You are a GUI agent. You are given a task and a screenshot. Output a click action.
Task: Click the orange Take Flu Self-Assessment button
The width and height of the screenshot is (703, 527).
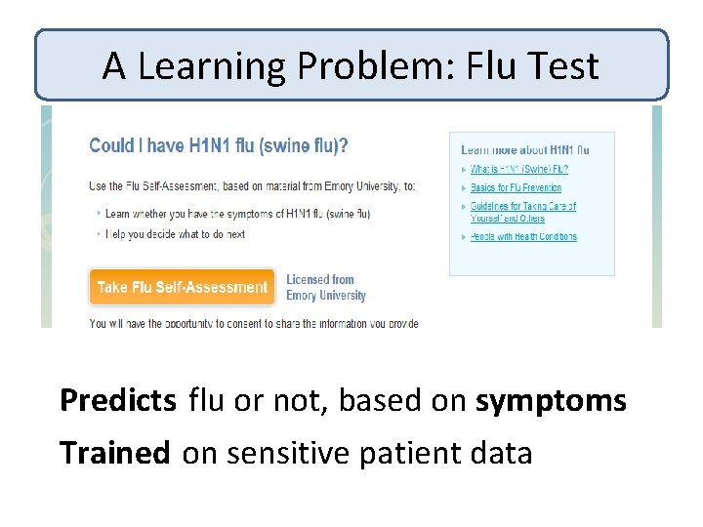tap(182, 287)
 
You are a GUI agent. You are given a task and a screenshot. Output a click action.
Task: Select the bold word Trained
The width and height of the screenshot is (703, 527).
tap(114, 453)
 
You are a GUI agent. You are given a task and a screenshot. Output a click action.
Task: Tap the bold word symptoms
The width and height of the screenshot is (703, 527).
tap(551, 401)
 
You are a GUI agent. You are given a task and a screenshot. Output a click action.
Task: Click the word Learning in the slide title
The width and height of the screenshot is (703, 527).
tap(207, 66)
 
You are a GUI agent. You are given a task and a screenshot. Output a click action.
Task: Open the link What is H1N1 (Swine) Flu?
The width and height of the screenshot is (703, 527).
tap(518, 169)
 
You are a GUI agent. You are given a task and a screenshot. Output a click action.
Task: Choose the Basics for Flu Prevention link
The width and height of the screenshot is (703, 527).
tap(516, 187)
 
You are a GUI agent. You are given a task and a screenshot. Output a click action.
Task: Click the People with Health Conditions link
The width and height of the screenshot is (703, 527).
tap(523, 236)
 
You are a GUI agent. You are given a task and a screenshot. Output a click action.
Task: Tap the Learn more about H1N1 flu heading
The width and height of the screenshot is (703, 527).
tap(524, 150)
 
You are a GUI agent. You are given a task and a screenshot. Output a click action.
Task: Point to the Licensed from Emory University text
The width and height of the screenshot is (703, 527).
tap(325, 288)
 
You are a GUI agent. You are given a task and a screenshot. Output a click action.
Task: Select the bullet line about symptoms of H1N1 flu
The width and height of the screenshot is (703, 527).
tap(237, 214)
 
